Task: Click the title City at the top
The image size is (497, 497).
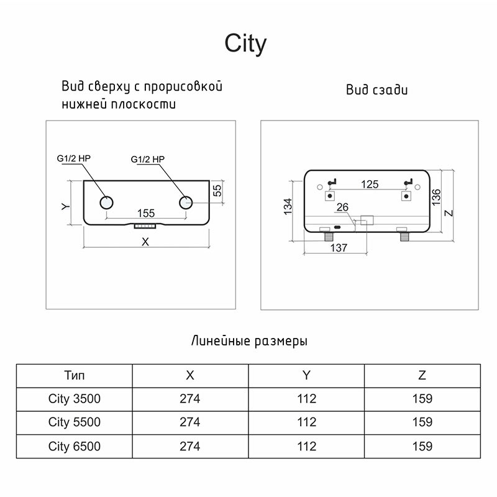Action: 245,44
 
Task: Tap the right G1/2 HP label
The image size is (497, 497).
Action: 148,160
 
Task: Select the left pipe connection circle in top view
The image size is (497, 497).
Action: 106,203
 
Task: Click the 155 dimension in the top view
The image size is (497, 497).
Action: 146,211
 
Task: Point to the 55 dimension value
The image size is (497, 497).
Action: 217,191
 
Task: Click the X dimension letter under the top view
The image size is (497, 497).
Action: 145,242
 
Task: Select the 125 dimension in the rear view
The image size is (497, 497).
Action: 370,184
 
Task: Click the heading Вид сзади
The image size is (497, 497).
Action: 377,90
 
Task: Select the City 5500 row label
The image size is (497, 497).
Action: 74,422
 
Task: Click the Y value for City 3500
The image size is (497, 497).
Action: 306,399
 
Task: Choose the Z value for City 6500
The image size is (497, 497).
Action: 422,446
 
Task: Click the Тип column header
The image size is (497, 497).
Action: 74,376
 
